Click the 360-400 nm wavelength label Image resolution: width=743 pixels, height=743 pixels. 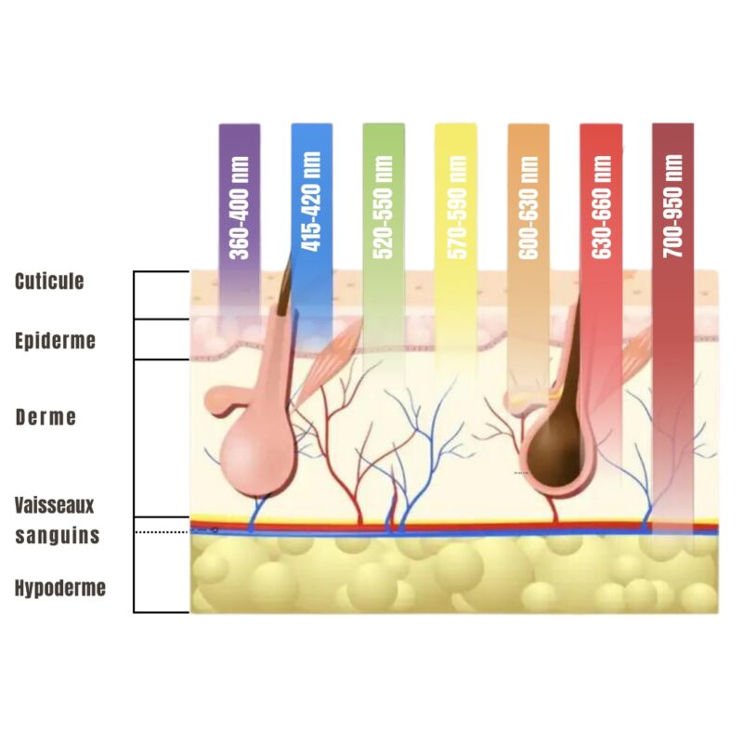[x=240, y=208]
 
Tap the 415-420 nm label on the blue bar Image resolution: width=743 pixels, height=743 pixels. [x=311, y=201]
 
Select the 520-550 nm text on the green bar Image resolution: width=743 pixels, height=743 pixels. [x=383, y=207]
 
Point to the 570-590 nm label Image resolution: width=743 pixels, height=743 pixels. [x=457, y=207]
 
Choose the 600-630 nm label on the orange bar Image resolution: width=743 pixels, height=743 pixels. [x=528, y=207]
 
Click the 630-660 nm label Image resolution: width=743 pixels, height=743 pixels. [x=601, y=206]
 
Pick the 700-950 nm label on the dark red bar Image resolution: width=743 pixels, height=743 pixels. [x=672, y=206]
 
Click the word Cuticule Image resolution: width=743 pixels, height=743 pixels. [x=49, y=281]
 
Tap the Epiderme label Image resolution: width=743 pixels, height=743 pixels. [x=55, y=341]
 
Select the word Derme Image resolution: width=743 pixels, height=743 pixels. [x=46, y=417]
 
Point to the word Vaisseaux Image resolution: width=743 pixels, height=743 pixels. [x=55, y=505]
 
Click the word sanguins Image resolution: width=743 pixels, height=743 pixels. [x=58, y=536]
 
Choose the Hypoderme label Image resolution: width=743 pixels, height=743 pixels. [x=60, y=588]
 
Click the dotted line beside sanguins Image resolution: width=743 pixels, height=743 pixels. [x=162, y=532]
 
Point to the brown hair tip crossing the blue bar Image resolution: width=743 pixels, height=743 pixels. [x=285, y=283]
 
